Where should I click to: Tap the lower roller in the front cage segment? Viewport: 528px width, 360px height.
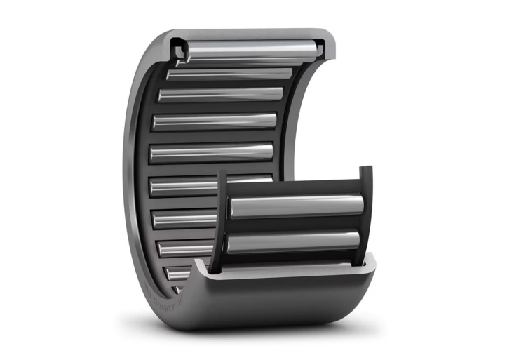(x=295, y=242)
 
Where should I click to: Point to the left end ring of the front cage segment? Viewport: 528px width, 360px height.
(x=222, y=218)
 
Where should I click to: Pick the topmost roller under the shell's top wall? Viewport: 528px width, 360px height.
(x=249, y=51)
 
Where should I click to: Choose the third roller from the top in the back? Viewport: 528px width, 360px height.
(x=221, y=94)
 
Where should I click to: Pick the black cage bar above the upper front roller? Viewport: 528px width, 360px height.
(x=295, y=188)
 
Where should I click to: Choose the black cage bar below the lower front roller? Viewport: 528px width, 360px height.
(x=295, y=258)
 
